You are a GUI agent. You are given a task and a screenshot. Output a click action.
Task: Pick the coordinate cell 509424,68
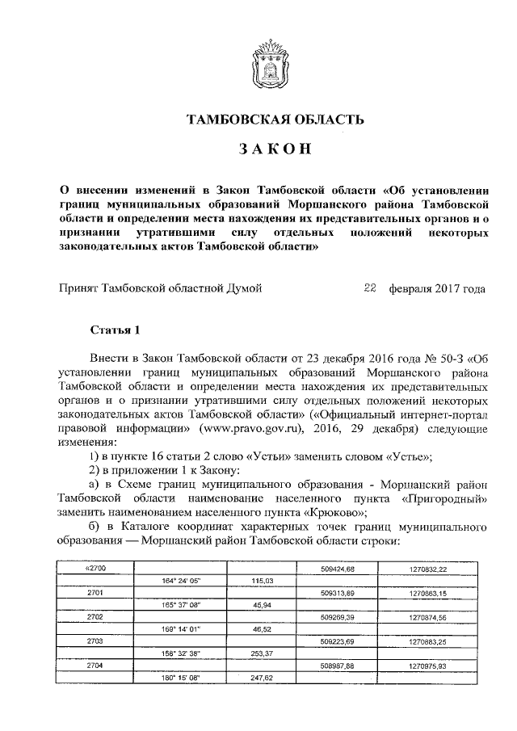tap(338, 569)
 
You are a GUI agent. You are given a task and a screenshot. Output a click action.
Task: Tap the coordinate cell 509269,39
tap(338, 617)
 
